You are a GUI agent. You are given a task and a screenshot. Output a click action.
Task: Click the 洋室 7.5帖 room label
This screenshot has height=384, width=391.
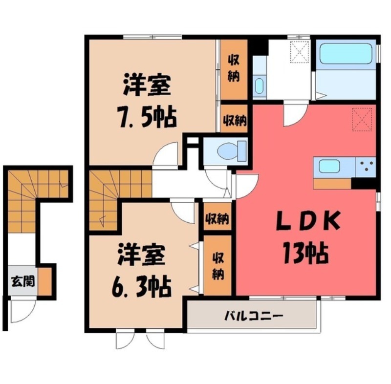146,101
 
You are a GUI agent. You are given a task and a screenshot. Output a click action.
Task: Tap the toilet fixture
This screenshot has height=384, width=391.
229,151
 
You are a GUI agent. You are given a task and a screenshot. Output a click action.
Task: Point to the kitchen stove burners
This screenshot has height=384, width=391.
365,166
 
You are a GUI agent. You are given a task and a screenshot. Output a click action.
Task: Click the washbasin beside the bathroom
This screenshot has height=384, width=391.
259,86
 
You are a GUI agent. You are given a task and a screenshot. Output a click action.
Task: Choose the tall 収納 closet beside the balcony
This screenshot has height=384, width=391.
217,266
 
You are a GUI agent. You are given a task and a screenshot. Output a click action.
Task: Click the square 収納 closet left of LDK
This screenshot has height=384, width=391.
217,218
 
